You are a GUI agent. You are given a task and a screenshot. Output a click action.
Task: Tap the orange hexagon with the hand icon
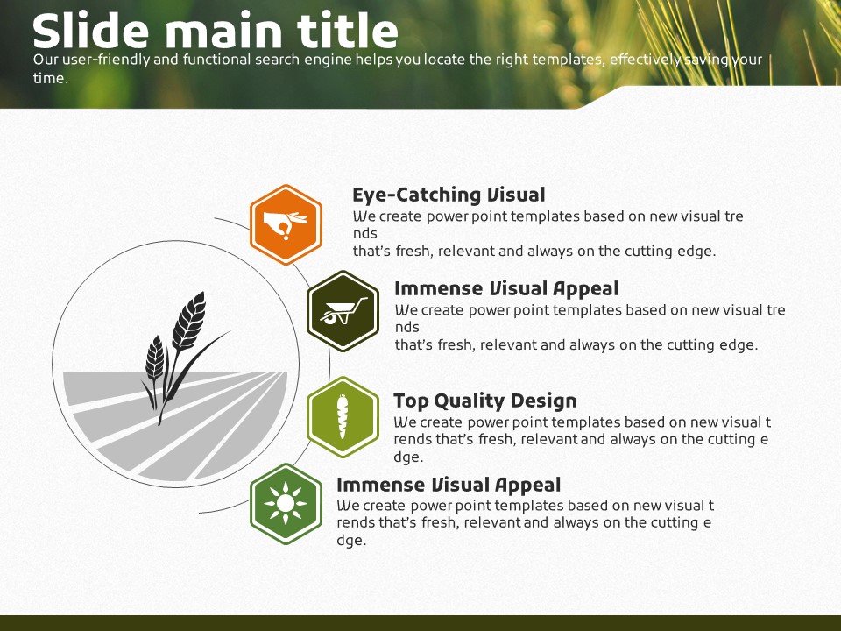(286, 225)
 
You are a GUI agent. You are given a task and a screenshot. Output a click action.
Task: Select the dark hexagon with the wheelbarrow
(343, 311)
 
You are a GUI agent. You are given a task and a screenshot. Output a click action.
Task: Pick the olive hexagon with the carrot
(343, 417)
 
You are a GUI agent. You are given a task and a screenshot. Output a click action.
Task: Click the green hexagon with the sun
(286, 504)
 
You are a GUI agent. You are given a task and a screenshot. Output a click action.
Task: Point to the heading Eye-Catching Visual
(449, 195)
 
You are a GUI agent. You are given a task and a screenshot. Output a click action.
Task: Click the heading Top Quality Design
(484, 401)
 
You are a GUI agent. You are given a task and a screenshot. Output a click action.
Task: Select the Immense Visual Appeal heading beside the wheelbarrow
(506, 288)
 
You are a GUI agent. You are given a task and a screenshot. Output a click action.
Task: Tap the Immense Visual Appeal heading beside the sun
(449, 485)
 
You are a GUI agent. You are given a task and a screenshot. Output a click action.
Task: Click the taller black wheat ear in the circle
(189, 322)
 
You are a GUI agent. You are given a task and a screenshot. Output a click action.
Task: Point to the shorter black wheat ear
(154, 358)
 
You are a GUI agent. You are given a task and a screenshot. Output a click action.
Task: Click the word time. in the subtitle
(51, 78)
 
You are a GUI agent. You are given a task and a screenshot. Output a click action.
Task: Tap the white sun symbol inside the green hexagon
(286, 503)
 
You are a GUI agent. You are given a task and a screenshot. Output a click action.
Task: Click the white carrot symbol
(343, 417)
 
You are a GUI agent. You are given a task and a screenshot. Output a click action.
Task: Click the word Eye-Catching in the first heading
(417, 195)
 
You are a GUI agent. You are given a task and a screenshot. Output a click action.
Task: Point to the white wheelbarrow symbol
(343, 311)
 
